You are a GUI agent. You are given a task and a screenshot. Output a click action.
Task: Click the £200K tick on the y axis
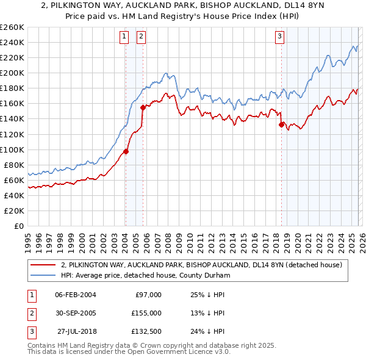(x=12, y=73)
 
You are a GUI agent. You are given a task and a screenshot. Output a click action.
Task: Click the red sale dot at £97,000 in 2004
(x=126, y=151)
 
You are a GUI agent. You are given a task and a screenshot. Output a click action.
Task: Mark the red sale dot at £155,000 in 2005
(x=143, y=107)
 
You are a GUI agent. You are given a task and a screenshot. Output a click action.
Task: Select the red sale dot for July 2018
(x=282, y=124)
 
